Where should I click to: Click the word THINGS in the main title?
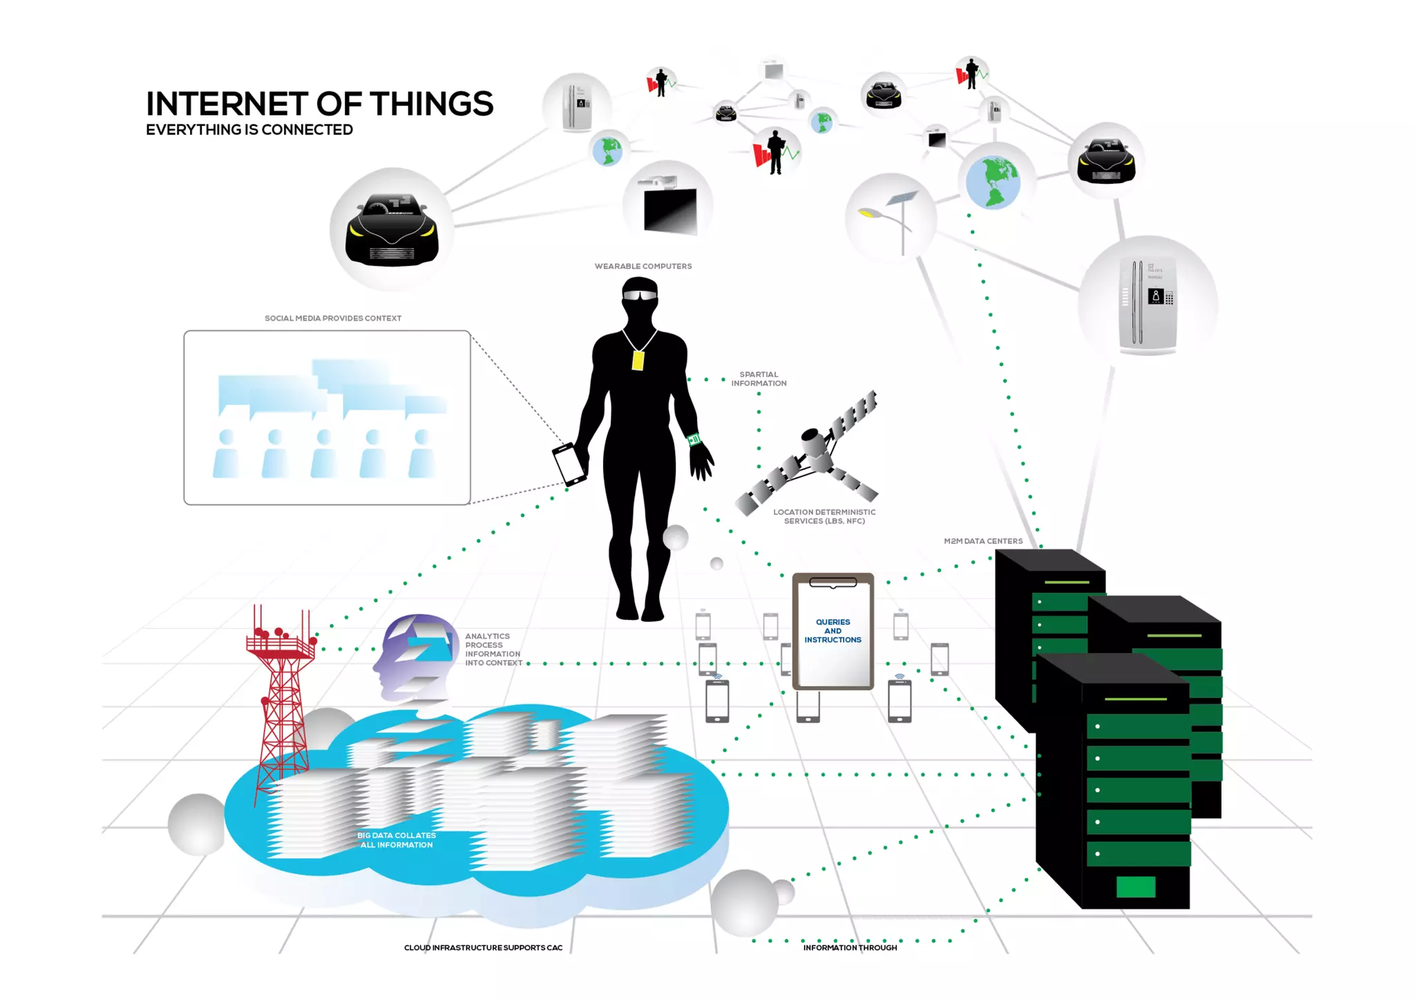click(x=431, y=104)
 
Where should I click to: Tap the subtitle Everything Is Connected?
click(x=249, y=130)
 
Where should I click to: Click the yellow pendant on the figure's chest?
click(x=638, y=361)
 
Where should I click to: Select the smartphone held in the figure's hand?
click(x=569, y=464)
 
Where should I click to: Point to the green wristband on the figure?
click(x=694, y=440)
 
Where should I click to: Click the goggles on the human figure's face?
click(x=639, y=295)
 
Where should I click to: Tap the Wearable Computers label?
click(x=643, y=266)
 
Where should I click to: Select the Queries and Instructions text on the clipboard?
click(x=833, y=631)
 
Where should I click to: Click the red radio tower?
click(x=282, y=698)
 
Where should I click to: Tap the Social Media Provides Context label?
click(x=333, y=319)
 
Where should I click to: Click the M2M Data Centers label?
click(x=982, y=541)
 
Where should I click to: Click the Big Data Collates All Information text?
click(x=397, y=840)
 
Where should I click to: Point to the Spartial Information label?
click(x=759, y=379)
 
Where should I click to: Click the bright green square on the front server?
click(x=1135, y=887)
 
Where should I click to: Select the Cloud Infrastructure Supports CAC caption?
click(x=483, y=947)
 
